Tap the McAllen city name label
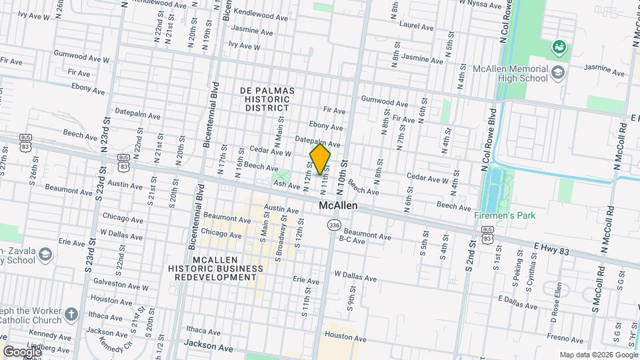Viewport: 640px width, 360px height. pos(337,206)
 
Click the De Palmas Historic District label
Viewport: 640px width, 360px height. pos(267,99)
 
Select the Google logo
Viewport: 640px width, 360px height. pos(22,351)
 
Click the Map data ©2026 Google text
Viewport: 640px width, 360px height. pos(597,355)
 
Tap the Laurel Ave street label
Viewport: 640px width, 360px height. pos(417,27)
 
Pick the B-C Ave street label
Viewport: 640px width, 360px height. pos(353,239)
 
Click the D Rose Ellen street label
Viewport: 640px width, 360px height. pos(561,315)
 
